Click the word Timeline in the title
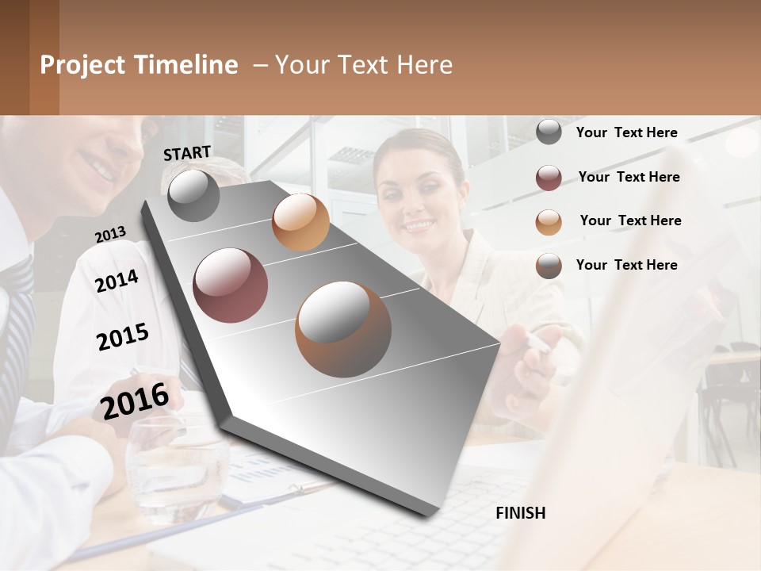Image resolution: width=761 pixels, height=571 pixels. click(185, 65)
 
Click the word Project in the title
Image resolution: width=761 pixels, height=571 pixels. click(83, 65)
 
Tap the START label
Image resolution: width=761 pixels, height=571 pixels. click(187, 153)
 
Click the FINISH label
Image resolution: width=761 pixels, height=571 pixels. click(520, 513)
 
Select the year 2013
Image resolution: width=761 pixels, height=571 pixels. click(110, 235)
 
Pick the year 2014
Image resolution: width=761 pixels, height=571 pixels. click(117, 281)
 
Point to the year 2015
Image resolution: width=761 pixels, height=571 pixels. click(122, 337)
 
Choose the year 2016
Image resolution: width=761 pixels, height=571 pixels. click(135, 400)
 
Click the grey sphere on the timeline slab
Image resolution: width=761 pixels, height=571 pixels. click(193, 196)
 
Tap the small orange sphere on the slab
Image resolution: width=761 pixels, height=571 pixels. click(300, 222)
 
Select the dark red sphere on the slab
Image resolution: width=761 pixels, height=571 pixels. click(230, 285)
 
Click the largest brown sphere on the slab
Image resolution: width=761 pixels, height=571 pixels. click(343, 329)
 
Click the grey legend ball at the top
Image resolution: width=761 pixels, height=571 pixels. click(549, 132)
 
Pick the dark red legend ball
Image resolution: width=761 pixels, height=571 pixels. click(549, 178)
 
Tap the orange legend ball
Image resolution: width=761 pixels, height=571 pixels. click(549, 222)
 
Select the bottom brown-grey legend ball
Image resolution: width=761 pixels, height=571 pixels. click(549, 266)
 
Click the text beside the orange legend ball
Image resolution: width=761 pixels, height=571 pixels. click(630, 220)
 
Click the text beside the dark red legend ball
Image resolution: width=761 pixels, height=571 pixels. click(629, 177)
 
